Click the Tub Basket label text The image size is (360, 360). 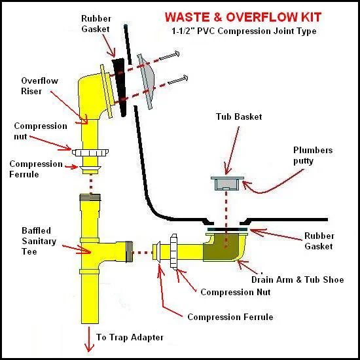tap(239, 117)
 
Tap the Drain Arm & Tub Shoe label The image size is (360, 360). tap(297, 279)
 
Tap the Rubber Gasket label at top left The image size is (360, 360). tap(98, 25)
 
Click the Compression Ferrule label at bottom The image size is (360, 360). tap(230, 317)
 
